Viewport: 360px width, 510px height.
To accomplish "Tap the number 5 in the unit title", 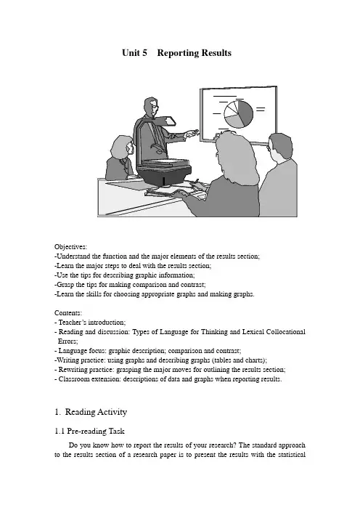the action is point(144,53).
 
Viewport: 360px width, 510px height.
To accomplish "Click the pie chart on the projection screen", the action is point(238,114).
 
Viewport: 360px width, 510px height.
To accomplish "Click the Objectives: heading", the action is point(70,247).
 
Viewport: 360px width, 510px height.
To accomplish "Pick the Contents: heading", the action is point(68,313).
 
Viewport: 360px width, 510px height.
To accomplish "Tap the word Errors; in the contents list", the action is point(68,341).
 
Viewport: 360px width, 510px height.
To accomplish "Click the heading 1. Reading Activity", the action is point(91,412).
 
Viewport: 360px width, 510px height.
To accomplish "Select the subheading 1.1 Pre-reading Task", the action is point(89,431).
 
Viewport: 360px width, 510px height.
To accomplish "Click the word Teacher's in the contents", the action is point(72,323).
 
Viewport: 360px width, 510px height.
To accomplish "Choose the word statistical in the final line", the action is point(292,454).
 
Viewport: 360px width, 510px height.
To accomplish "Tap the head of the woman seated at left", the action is point(122,147).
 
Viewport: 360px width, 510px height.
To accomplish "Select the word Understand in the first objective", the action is point(73,256).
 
